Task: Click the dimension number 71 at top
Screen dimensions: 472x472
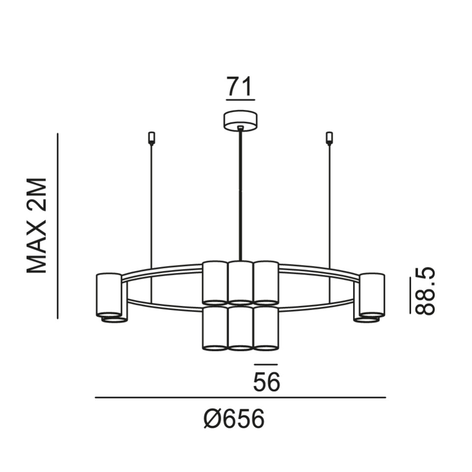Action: [x=239, y=86]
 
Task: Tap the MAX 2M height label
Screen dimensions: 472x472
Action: [x=37, y=226]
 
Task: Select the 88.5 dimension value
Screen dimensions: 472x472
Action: [x=425, y=291]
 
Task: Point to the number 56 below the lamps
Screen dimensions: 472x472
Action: [x=266, y=382]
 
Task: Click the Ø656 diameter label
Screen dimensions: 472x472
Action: [x=234, y=419]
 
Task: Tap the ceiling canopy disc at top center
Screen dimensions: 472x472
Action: [x=240, y=121]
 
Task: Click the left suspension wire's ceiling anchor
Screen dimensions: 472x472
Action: [x=151, y=138]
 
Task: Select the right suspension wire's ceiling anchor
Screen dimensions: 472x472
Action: [x=329, y=138]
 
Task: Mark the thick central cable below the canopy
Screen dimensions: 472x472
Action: [x=240, y=194]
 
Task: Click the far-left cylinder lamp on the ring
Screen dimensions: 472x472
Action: [x=109, y=295]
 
